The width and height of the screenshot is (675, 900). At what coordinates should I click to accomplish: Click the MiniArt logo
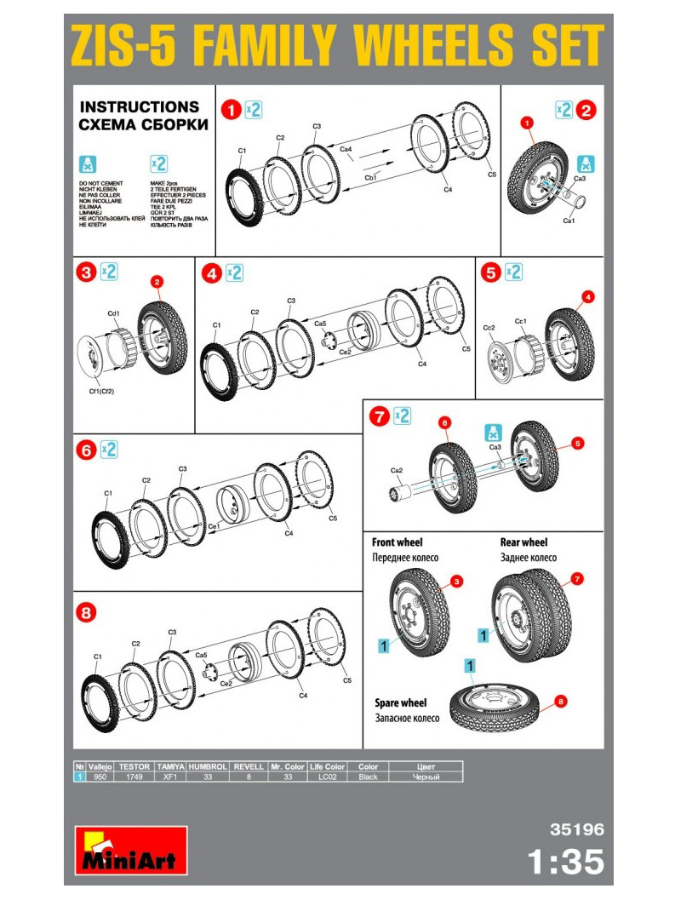pos(130,850)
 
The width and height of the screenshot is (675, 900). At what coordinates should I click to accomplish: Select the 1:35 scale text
pos(565,862)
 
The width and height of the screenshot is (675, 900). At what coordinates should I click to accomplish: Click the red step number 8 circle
pos(84,611)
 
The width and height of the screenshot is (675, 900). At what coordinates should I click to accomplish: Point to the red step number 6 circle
pos(84,450)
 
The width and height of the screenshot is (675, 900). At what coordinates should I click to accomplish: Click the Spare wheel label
pos(400,702)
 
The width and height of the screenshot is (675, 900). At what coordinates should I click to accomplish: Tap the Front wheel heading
pos(397,542)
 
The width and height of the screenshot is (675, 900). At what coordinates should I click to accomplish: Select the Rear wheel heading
pos(523,542)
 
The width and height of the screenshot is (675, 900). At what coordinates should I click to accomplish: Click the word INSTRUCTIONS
pos(139,107)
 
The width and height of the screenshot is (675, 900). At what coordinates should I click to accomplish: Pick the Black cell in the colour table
pos(368,777)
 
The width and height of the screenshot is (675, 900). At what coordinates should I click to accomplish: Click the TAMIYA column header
pos(168,766)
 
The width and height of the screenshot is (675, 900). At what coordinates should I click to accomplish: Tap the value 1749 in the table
pos(134,777)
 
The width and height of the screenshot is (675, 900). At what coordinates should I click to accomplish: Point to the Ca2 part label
pos(396,470)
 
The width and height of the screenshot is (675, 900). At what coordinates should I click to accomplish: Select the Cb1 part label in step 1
pos(370,179)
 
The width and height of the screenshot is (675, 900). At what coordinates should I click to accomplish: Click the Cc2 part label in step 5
pos(489,327)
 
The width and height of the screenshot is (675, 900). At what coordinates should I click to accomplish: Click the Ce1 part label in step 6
pos(215,525)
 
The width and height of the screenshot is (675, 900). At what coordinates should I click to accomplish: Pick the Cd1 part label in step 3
pos(114,313)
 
